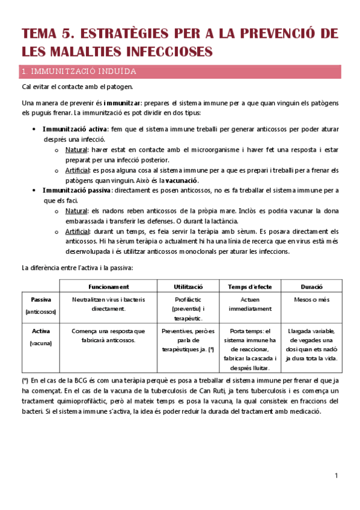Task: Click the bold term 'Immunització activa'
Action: [x=75, y=129]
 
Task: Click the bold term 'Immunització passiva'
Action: [x=76, y=190]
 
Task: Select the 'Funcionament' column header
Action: [x=108, y=287]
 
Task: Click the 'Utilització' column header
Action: [x=188, y=287]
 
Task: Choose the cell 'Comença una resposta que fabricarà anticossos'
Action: [x=108, y=336]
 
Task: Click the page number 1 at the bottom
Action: [x=337, y=477]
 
